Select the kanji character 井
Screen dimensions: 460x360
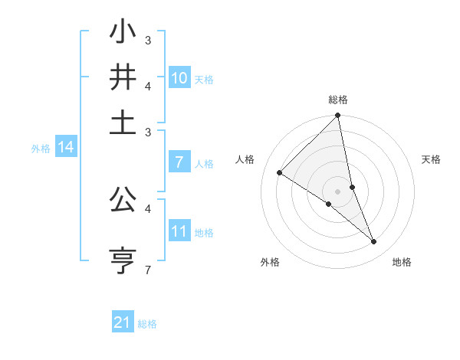pos(123,77)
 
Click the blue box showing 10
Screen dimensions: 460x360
pos(179,78)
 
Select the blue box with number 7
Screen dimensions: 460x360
pos(179,162)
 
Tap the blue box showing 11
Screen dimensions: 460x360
pos(179,231)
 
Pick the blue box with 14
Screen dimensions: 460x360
pos(66,148)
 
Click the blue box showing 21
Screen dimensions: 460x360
pos(123,322)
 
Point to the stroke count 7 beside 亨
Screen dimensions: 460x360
pos(148,270)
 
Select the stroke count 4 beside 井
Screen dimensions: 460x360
pos(148,85)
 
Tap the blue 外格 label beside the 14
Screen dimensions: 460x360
pos(41,149)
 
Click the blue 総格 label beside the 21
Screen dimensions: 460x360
pos(147,324)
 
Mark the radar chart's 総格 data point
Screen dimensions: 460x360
pos(337,116)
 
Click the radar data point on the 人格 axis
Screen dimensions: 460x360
pos(280,172)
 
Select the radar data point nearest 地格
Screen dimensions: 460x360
pos(374,242)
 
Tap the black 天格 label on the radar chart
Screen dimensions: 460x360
pos(431,159)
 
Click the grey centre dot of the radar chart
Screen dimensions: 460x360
pos(337,191)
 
